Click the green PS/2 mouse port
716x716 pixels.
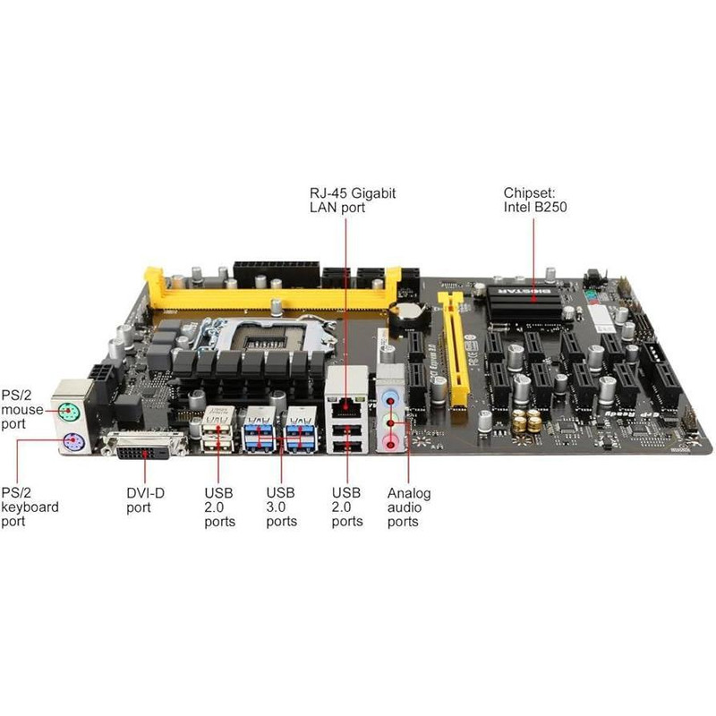pos(69,413)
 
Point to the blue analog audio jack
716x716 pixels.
pos(389,397)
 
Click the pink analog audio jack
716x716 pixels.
pos(389,443)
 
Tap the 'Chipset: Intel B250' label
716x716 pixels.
pos(535,200)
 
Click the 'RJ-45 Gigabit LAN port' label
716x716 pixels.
pos(353,200)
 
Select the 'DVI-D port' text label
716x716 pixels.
pos(145,500)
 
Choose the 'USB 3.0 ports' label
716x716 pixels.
pos(281,507)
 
